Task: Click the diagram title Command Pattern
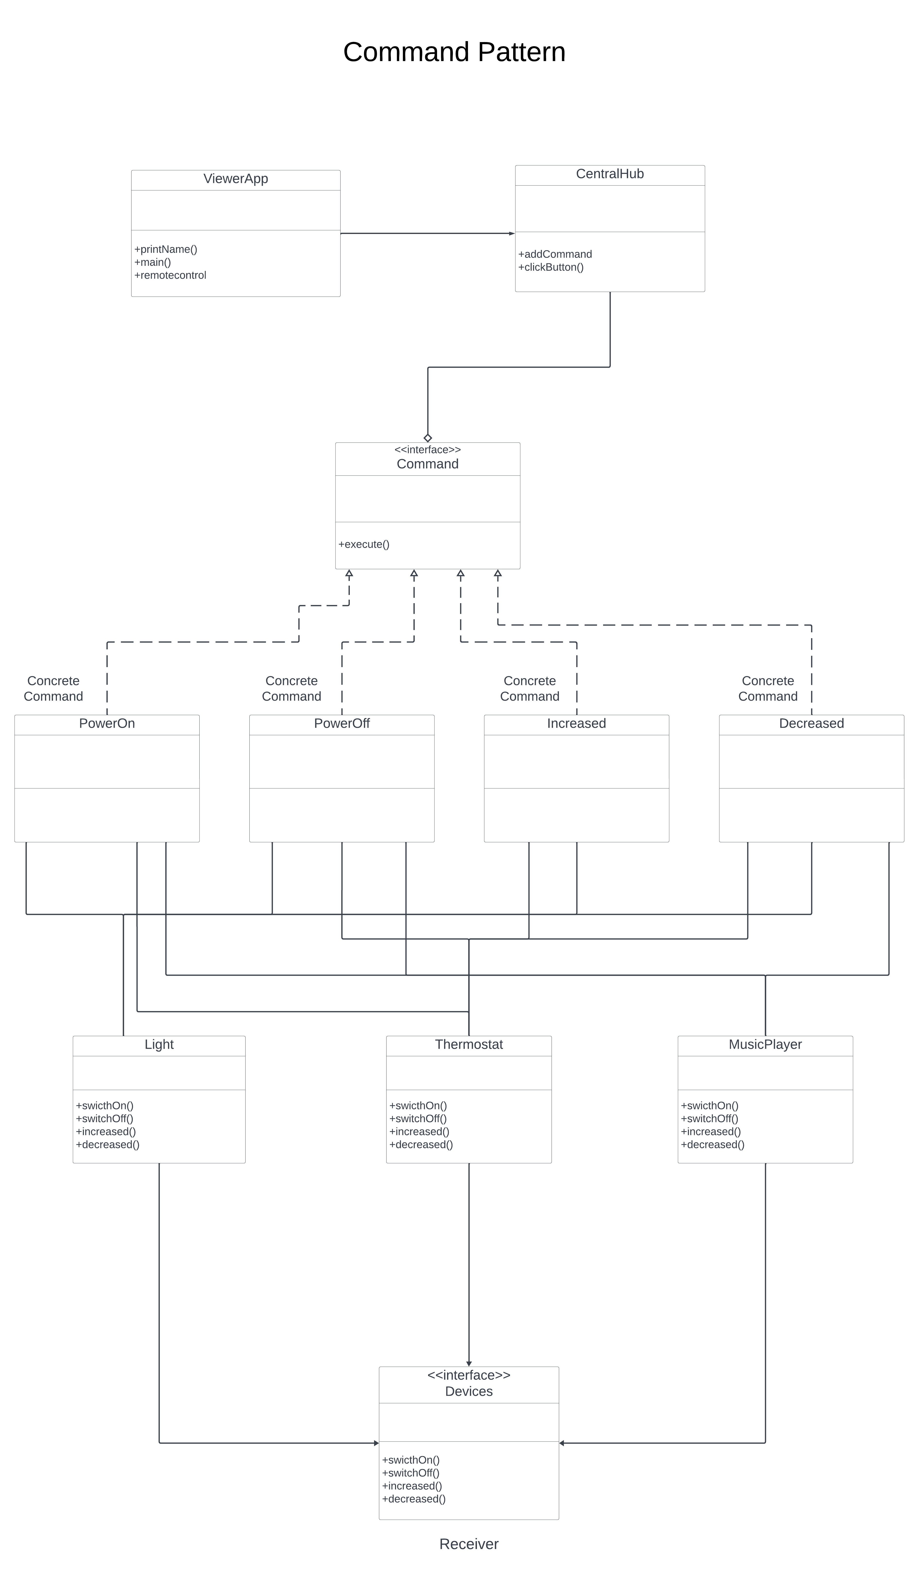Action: click(454, 52)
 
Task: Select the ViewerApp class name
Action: click(235, 179)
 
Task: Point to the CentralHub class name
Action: click(610, 174)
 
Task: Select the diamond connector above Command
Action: click(428, 438)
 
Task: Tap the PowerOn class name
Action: click(107, 723)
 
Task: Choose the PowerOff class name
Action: click(342, 723)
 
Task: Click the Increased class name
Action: click(576, 723)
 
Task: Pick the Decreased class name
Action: click(811, 723)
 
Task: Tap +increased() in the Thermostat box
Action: click(419, 1132)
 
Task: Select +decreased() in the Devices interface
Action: click(414, 1499)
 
